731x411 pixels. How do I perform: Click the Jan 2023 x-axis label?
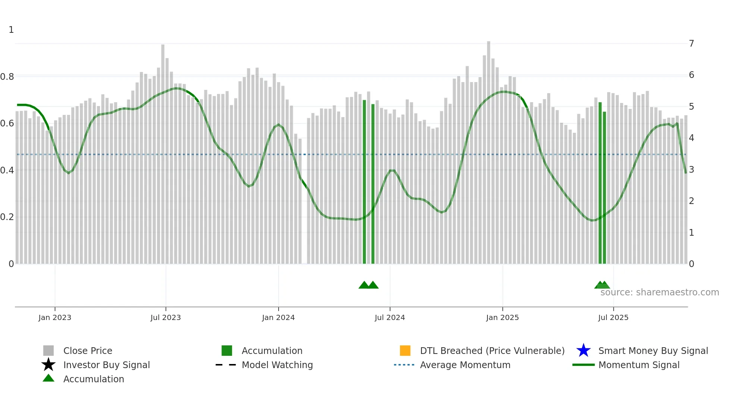[x=54, y=317]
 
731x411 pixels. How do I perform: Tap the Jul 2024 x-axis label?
[x=390, y=317]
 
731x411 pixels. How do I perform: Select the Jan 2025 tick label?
[x=502, y=317]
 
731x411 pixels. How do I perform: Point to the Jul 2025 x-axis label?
[x=613, y=317]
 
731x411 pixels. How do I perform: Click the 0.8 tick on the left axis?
[x=7, y=77]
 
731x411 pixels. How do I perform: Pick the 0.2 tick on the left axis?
[x=7, y=217]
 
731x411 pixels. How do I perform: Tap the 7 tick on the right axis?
[x=691, y=44]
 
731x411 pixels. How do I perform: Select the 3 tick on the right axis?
[x=691, y=170]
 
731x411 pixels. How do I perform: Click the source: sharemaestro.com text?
[x=659, y=292]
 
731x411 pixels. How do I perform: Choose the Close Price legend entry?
[x=88, y=351]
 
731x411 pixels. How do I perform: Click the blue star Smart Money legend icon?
[x=583, y=351]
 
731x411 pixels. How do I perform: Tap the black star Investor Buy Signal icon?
[x=48, y=365]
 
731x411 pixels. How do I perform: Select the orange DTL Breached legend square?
[x=405, y=351]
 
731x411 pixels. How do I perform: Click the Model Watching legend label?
[x=277, y=365]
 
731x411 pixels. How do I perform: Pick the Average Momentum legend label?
[x=465, y=365]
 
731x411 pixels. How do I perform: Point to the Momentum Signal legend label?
[x=639, y=365]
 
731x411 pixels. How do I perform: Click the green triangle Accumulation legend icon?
[x=48, y=378]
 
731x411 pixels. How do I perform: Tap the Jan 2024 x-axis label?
[x=278, y=317]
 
